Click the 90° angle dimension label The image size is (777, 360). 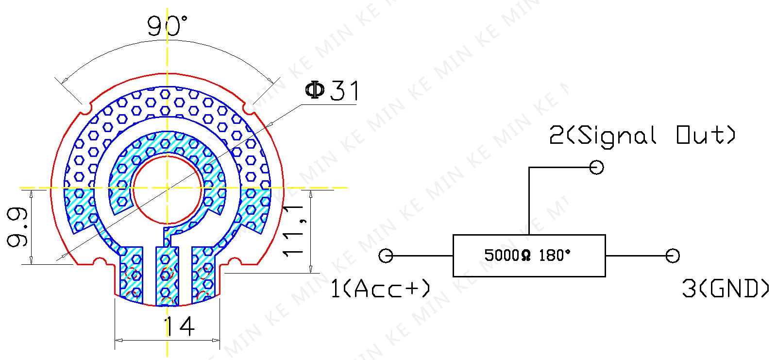tap(167, 26)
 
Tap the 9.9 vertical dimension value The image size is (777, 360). tap(17, 227)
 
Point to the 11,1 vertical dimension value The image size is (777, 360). tap(294, 231)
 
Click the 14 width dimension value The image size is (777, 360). tap(179, 326)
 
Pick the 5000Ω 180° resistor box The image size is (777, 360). tap(529, 256)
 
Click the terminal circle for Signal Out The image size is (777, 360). tap(596, 167)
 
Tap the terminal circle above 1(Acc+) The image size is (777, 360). tap(386, 256)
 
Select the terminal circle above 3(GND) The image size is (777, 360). tap(672, 256)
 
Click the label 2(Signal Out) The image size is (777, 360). tap(642, 136)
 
